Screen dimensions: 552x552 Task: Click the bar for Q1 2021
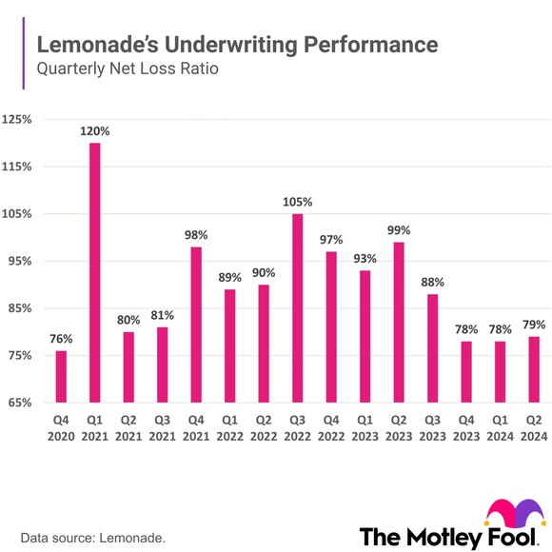tap(95, 272)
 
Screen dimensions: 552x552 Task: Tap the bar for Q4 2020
tap(61, 377)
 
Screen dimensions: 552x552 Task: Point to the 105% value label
tap(298, 203)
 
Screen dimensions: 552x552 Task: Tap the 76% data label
tap(61, 340)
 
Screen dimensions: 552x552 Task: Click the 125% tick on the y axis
tap(18, 120)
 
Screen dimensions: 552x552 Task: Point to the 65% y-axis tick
tap(18, 404)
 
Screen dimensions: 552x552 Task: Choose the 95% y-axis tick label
tap(18, 262)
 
